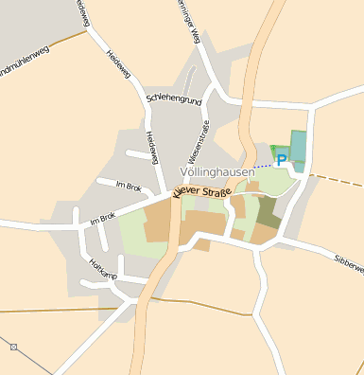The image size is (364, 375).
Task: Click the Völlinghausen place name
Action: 217,172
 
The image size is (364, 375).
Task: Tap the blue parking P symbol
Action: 281,161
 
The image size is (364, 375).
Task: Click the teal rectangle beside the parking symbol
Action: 299,148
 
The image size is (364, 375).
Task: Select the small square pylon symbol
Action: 13,348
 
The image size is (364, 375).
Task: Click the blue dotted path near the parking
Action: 263,167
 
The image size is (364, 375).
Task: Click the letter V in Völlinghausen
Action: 183,172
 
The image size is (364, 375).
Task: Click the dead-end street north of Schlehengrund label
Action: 190,80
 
